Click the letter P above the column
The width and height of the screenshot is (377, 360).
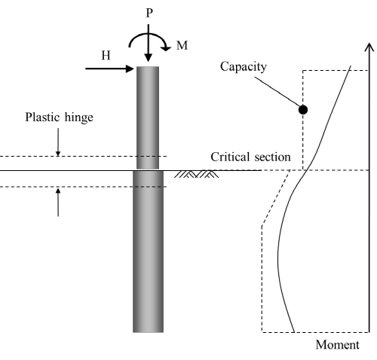coord(149,13)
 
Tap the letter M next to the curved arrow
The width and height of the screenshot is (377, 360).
coord(182,45)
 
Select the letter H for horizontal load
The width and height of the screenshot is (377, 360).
coord(106,56)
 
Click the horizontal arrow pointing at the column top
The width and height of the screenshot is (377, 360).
coord(109,69)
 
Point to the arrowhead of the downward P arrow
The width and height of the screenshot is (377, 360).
coord(149,58)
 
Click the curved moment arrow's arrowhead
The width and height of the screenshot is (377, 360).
coord(166,47)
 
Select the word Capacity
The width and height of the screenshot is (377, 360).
coord(244,67)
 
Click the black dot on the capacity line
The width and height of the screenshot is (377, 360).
coord(303,110)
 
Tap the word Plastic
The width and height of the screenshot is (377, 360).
coord(43,117)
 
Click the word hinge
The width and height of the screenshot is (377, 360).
coord(79,118)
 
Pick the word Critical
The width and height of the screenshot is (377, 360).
coord(230,157)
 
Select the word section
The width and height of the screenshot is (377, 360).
coord(273,157)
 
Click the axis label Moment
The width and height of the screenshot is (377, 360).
coord(337,345)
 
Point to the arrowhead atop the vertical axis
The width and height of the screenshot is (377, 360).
coord(369,47)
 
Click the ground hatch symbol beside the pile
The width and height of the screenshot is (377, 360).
coord(197,174)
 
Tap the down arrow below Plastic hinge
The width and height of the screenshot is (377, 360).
coord(58,142)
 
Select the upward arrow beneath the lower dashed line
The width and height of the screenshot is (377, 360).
coord(58,203)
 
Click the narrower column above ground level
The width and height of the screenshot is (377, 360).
coord(148,117)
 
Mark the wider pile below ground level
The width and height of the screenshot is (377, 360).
coord(148,252)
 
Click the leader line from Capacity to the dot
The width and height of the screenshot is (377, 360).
coord(277,92)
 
